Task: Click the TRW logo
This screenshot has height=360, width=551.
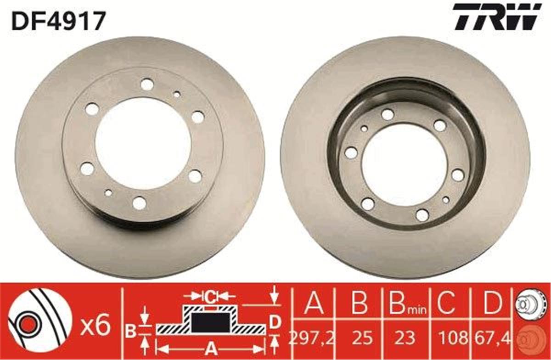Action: (496, 17)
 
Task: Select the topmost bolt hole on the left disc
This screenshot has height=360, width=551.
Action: (147, 84)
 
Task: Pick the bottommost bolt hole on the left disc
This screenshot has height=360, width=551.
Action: (139, 202)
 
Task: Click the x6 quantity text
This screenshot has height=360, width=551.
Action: (96, 326)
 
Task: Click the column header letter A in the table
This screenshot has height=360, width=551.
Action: (314, 303)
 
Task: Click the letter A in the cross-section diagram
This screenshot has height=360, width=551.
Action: (210, 346)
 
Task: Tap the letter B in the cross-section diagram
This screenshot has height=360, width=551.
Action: (131, 331)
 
